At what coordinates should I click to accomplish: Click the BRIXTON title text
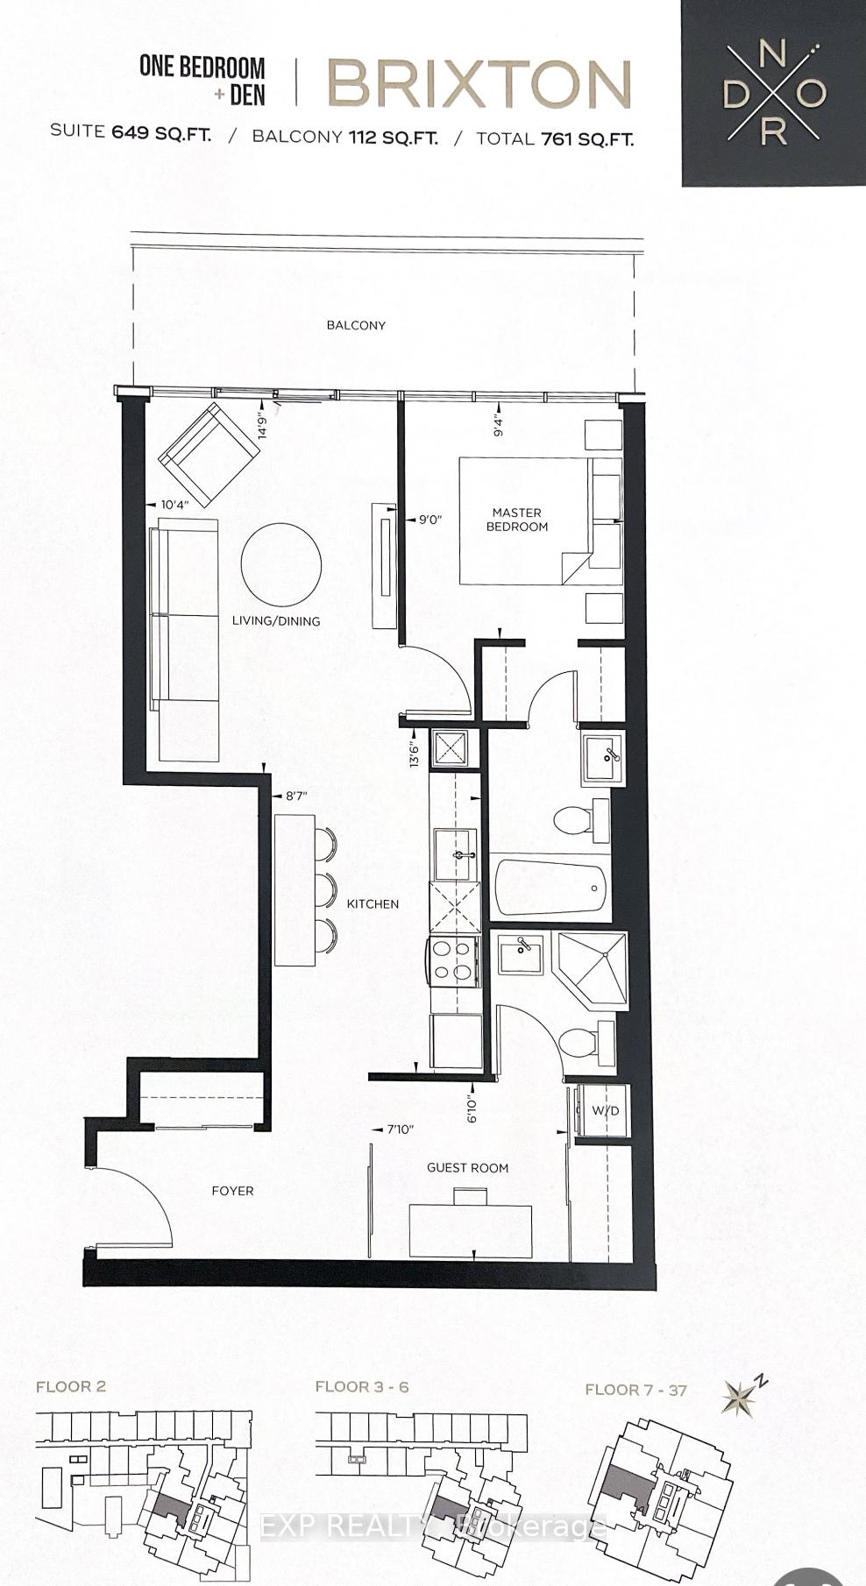tap(479, 85)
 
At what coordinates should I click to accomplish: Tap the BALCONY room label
tap(356, 325)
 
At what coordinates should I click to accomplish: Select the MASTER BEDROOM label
tap(517, 520)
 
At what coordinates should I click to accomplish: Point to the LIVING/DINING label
tap(276, 620)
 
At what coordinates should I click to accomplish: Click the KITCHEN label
tap(373, 903)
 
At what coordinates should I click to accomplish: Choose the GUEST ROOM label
tap(467, 1167)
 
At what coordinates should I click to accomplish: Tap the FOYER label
tap(232, 1191)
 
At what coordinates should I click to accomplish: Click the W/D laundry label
tap(605, 1111)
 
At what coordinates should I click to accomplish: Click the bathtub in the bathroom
tap(551, 889)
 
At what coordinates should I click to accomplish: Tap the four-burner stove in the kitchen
tap(452, 961)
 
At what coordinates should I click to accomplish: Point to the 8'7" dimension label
tap(296, 797)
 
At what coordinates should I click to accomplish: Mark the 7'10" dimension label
tap(399, 1129)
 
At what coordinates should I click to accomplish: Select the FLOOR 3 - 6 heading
tap(362, 1386)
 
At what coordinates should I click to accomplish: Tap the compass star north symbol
tap(741, 1398)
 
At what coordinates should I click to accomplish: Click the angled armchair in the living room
tap(209, 454)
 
